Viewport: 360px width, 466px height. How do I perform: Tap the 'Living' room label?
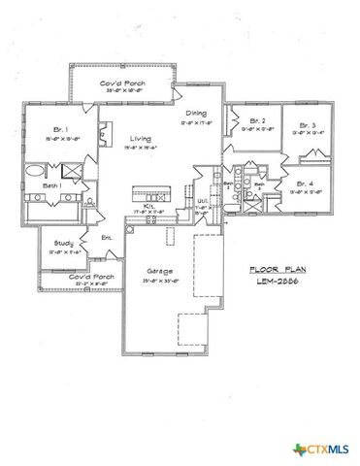click(x=139, y=140)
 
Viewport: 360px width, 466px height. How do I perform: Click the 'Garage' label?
click(x=160, y=272)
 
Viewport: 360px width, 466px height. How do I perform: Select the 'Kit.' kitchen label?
click(x=150, y=207)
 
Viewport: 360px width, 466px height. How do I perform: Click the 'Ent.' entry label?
click(x=107, y=238)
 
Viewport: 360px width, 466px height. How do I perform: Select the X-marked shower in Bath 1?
click(x=75, y=170)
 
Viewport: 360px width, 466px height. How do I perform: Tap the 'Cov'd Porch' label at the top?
click(x=122, y=84)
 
